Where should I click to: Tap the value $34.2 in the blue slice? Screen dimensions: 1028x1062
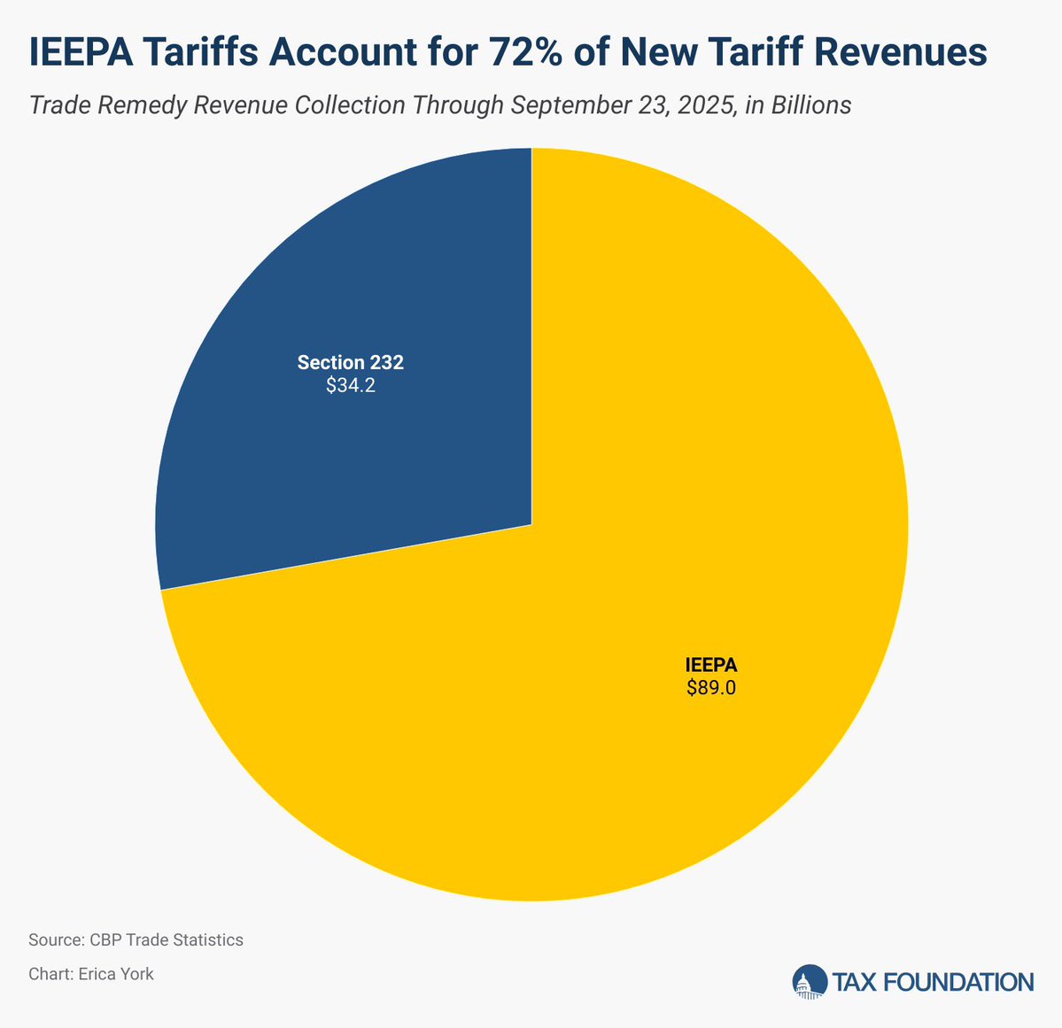pyautogui.click(x=351, y=386)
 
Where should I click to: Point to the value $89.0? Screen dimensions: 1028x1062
pyautogui.click(x=710, y=688)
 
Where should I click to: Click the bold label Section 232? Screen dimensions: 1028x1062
pyautogui.click(x=351, y=362)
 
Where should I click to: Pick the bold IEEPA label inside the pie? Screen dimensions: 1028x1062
pyautogui.click(x=710, y=664)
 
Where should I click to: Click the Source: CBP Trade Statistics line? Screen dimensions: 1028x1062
pyautogui.click(x=136, y=939)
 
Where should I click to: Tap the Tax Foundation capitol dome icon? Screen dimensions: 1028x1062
pyautogui.click(x=807, y=982)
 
